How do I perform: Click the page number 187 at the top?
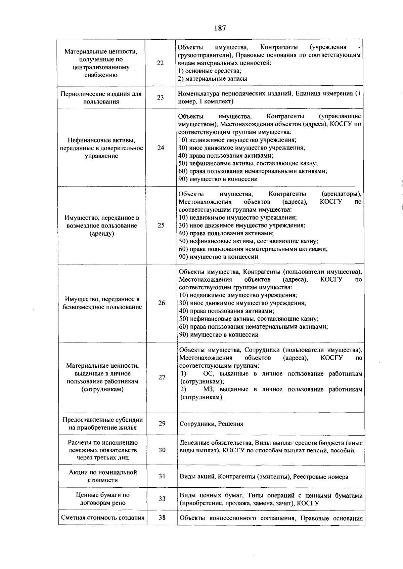click(220, 28)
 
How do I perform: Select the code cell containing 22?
click(161, 63)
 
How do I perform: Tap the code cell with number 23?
click(161, 97)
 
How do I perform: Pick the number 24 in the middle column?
click(161, 148)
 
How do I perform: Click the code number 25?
click(161, 225)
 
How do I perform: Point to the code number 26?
click(162, 303)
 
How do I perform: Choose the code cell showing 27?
click(162, 377)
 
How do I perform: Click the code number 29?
click(162, 423)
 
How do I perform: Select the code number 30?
click(162, 450)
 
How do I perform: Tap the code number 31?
click(162, 476)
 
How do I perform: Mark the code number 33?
click(162, 499)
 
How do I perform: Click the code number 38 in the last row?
click(162, 518)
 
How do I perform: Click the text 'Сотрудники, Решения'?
click(211, 424)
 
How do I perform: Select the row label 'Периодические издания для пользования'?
click(101, 97)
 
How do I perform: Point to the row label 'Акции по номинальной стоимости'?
click(103, 476)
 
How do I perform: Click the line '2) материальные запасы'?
click(213, 79)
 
